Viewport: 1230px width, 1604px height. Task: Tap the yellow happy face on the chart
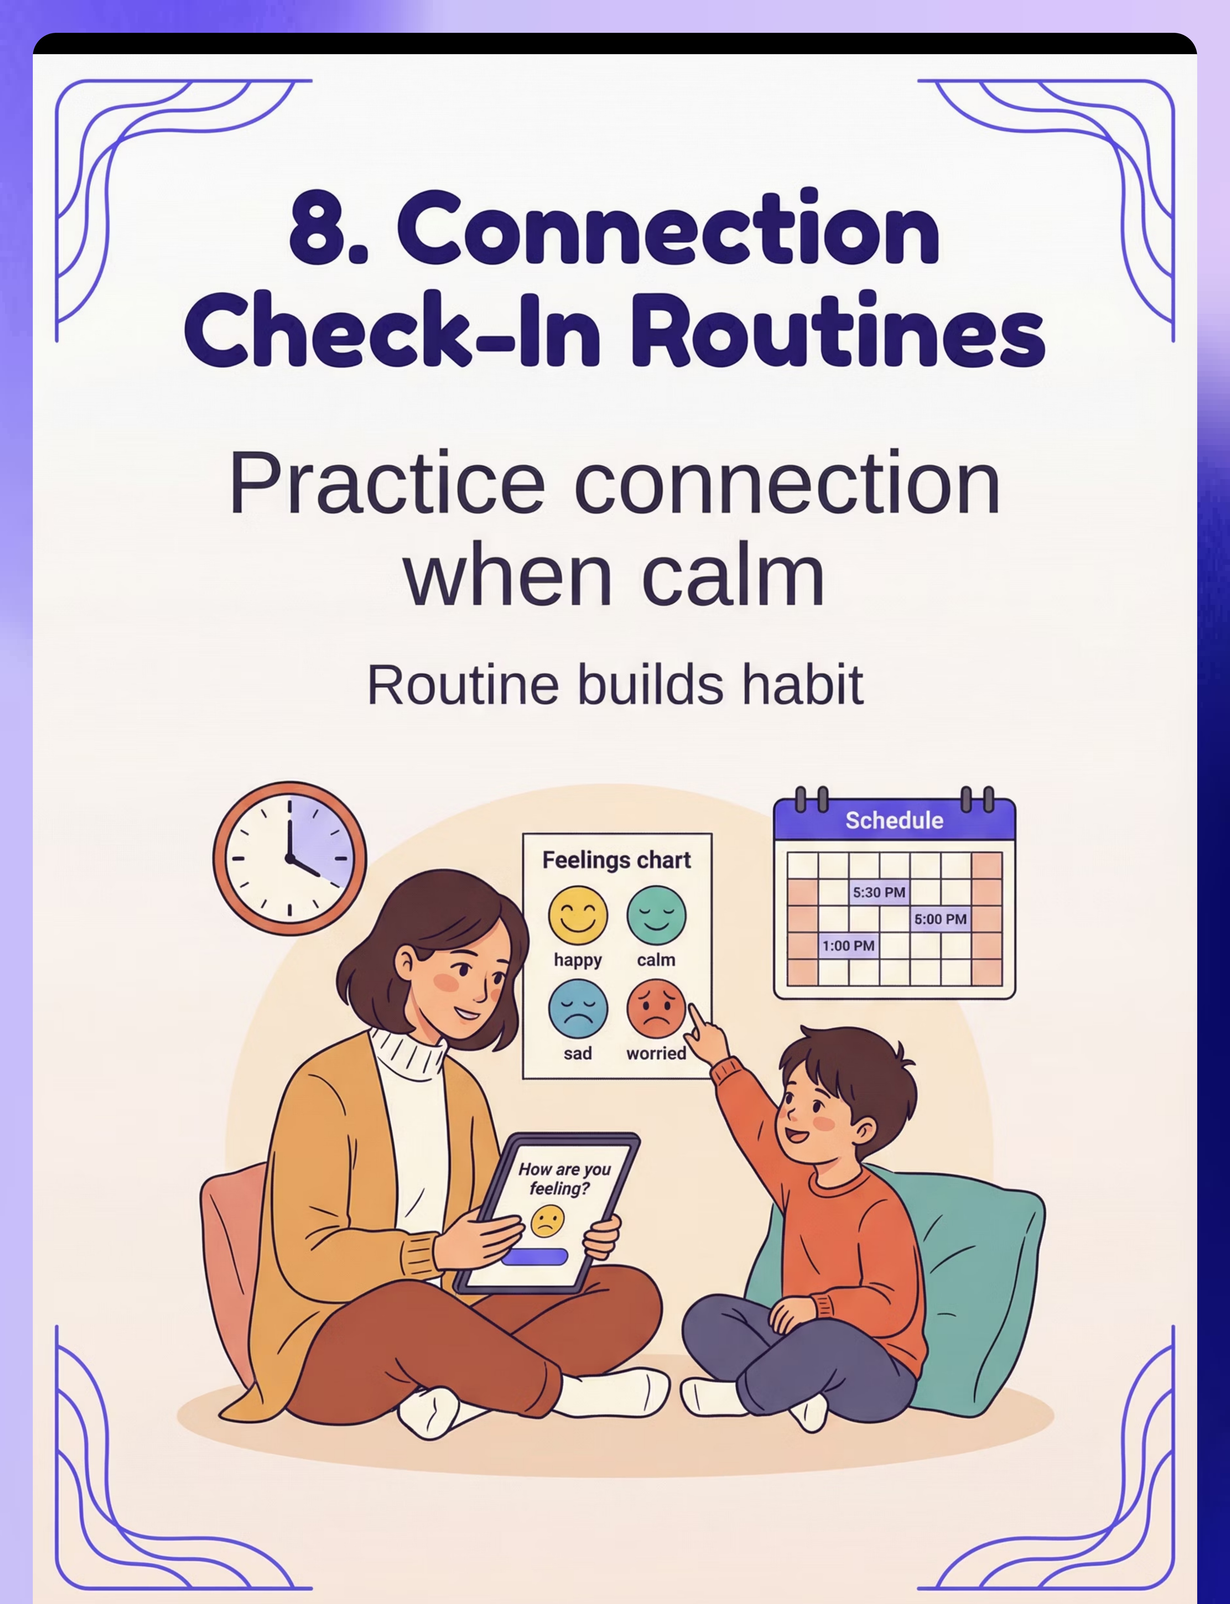pos(578,915)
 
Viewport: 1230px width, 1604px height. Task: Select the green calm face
pos(656,915)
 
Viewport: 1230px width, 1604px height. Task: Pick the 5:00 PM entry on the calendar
pos(940,918)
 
